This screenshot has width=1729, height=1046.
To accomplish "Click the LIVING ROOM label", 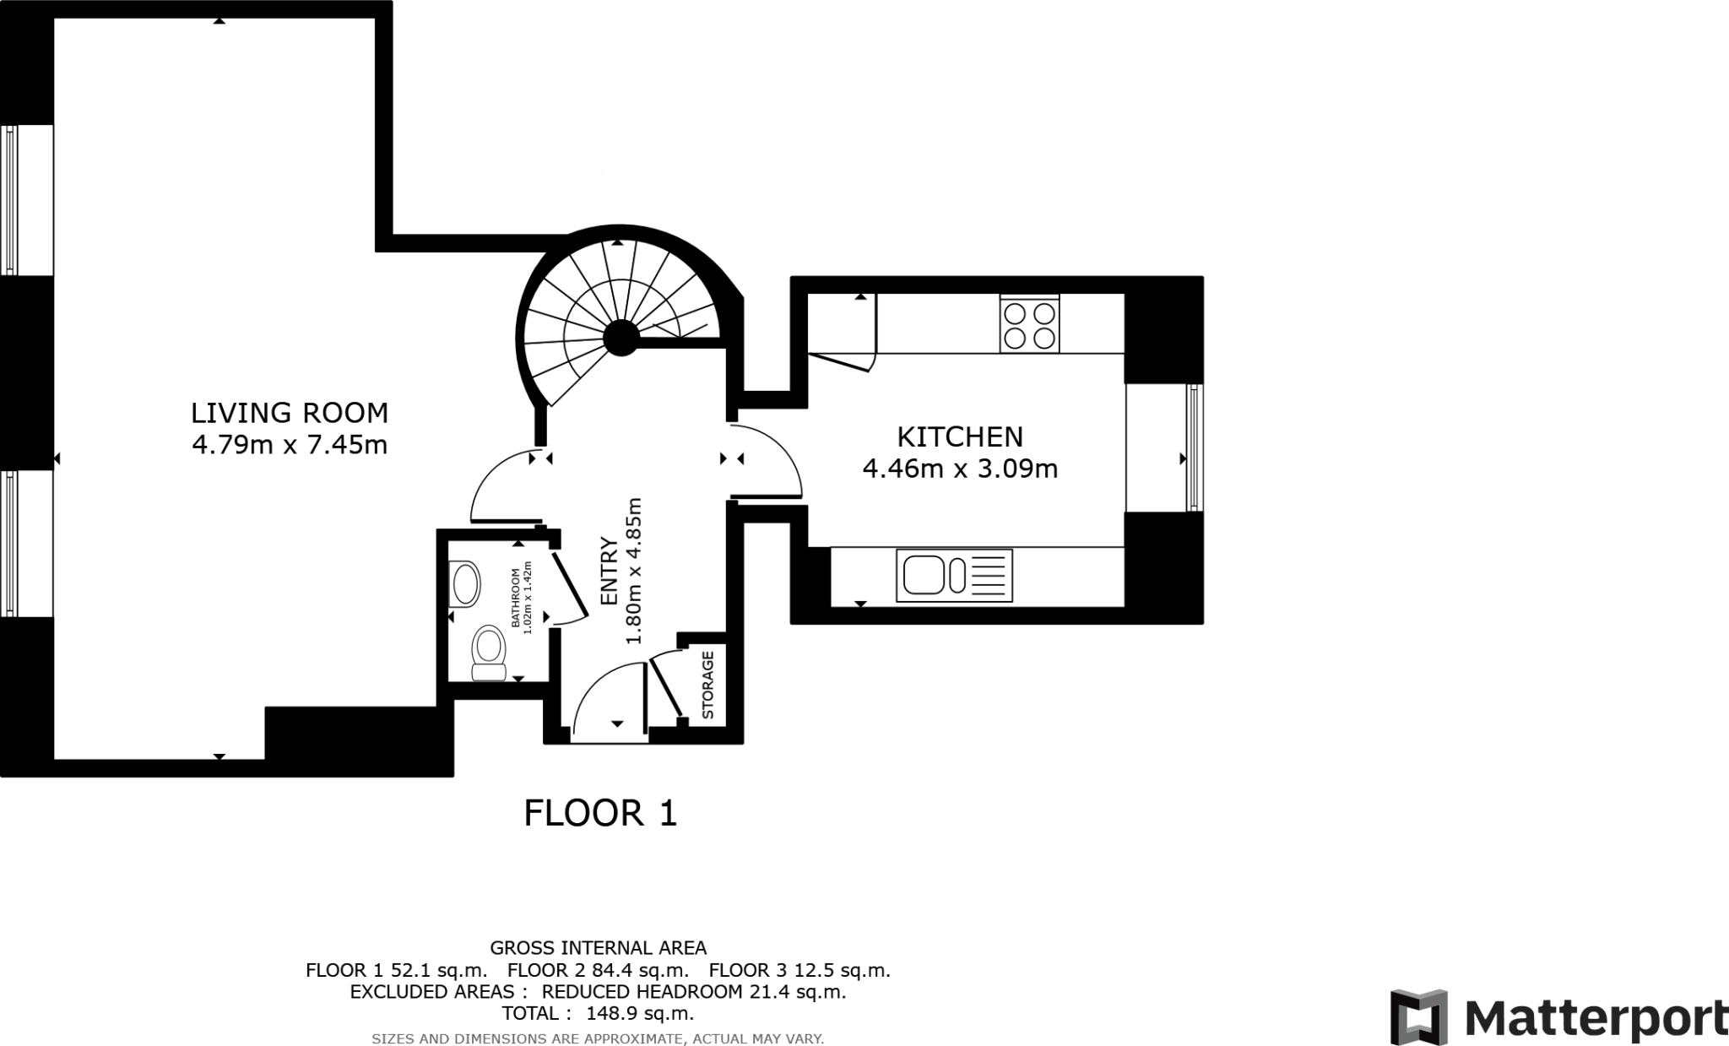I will [x=290, y=413].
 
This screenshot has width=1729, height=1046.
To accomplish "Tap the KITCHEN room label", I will [x=960, y=436].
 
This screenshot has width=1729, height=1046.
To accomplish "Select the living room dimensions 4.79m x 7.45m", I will [x=290, y=444].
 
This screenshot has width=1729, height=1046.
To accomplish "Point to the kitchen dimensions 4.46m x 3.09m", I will [x=960, y=468].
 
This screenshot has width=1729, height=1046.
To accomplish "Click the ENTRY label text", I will [x=609, y=572].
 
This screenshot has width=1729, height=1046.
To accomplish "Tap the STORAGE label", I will [x=708, y=685].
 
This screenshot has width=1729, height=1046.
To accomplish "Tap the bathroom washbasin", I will [x=465, y=584].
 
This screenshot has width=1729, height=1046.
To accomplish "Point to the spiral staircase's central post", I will [x=621, y=339].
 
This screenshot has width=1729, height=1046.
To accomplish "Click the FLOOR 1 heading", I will [x=600, y=814].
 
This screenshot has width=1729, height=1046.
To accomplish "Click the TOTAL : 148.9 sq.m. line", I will [x=598, y=1013].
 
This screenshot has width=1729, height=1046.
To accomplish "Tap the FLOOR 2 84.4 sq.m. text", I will [x=598, y=971].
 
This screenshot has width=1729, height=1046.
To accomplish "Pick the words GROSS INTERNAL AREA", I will [x=598, y=948].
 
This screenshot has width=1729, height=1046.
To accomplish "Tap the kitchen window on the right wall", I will [x=1193, y=447].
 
